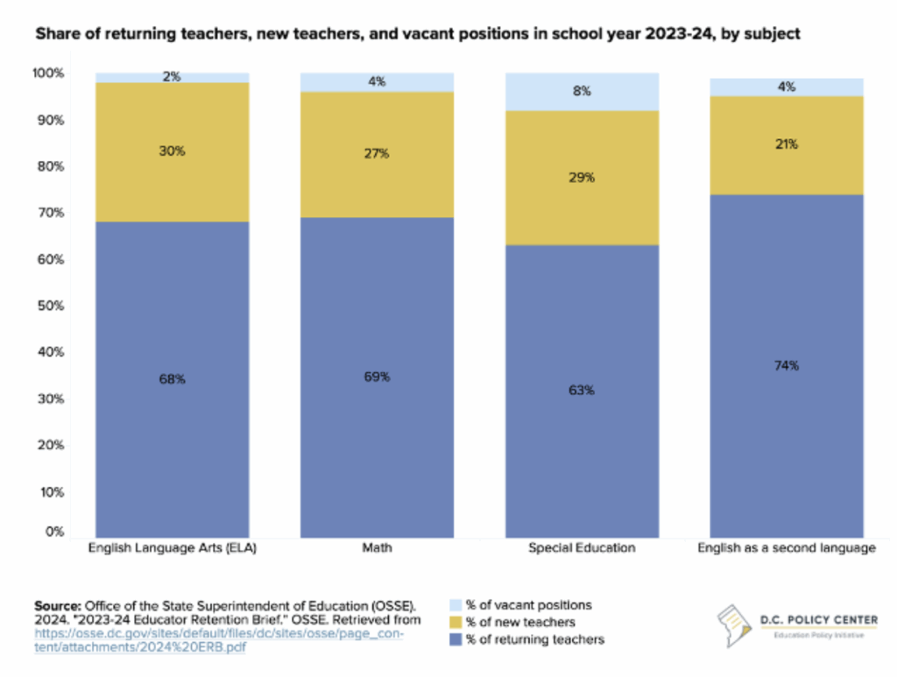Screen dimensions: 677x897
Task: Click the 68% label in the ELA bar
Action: (172, 379)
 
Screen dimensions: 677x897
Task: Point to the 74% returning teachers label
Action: (787, 365)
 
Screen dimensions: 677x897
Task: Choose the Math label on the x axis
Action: (378, 548)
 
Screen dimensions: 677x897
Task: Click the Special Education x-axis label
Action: (582, 548)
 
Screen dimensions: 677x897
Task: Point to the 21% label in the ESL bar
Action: (787, 145)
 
